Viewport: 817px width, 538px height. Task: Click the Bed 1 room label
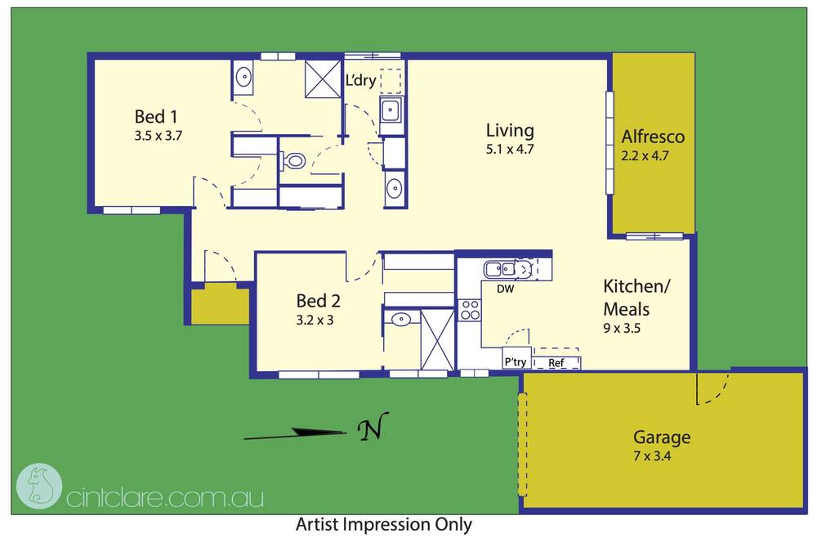156,116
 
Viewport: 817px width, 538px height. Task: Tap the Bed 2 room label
318,301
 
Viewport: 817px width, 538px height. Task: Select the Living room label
510,130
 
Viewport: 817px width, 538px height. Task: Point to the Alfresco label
653,137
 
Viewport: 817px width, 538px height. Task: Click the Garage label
662,437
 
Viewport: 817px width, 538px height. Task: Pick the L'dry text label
360,80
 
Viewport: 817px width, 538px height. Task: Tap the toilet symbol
294,160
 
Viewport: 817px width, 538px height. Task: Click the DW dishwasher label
506,289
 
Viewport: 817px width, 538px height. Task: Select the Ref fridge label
556,363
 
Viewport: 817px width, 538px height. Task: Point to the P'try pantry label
516,361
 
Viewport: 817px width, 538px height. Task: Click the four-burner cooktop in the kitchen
470,310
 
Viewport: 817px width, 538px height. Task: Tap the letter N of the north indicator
373,427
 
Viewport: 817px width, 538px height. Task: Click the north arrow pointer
295,433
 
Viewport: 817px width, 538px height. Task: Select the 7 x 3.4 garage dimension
652,456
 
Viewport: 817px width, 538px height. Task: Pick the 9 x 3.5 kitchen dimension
622,329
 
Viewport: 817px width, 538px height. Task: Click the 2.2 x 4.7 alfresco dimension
645,155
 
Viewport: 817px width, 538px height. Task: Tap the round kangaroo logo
39,486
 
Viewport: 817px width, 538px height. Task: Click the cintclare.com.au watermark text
165,498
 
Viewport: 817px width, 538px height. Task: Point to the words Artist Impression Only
384,524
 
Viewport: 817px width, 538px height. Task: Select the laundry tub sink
390,110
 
